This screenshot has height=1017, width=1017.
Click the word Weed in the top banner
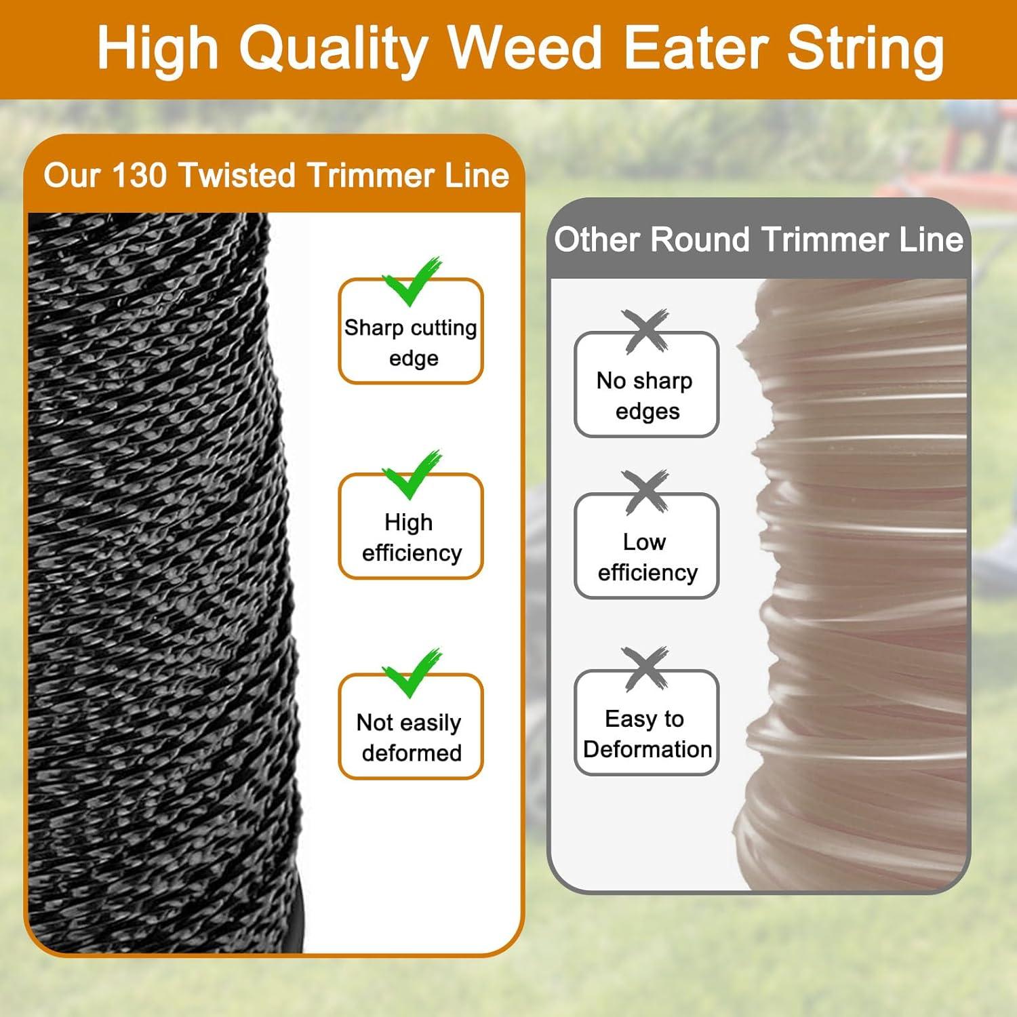pyautogui.click(x=525, y=48)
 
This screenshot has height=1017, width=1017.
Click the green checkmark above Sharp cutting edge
pyautogui.click(x=412, y=282)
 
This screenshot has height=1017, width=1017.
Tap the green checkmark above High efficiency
pyautogui.click(x=412, y=475)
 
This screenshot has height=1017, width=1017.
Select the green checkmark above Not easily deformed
pyautogui.click(x=412, y=673)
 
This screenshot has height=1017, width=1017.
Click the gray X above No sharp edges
pyautogui.click(x=645, y=332)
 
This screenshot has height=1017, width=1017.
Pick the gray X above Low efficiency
pyautogui.click(x=645, y=492)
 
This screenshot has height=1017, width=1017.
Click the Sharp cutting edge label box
pyautogui.click(x=411, y=332)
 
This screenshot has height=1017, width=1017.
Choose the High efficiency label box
pyautogui.click(x=411, y=526)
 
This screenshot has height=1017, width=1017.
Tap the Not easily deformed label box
pyautogui.click(x=411, y=726)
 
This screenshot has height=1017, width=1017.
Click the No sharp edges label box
pyautogui.click(x=646, y=384)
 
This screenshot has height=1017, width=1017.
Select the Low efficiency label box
pyautogui.click(x=646, y=546)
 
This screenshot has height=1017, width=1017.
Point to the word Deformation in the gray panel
pyautogui.click(x=647, y=749)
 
